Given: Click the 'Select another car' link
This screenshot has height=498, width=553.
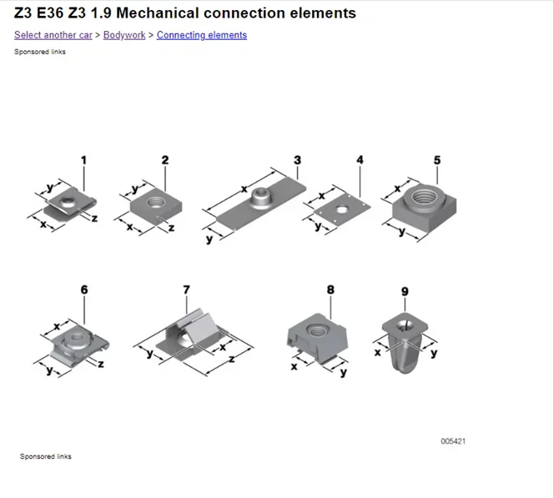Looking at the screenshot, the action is pyautogui.click(x=53, y=35).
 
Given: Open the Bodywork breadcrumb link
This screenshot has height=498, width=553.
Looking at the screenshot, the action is pyautogui.click(x=124, y=35).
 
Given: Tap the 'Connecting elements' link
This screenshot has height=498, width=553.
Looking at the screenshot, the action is pyautogui.click(x=202, y=35).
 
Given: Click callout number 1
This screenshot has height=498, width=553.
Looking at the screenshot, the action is pyautogui.click(x=83, y=160).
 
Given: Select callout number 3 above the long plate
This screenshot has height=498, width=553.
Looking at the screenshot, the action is pyautogui.click(x=297, y=160).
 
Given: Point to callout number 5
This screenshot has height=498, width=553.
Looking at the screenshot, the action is pyautogui.click(x=437, y=160).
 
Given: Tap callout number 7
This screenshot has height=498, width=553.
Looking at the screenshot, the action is pyautogui.click(x=186, y=289).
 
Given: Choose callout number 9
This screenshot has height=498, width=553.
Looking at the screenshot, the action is pyautogui.click(x=405, y=291).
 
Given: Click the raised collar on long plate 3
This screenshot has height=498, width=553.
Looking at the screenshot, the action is pyautogui.click(x=261, y=197).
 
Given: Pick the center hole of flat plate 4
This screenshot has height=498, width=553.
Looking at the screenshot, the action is pyautogui.click(x=341, y=210).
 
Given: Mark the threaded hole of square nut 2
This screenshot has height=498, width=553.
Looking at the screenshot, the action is pyautogui.click(x=155, y=202).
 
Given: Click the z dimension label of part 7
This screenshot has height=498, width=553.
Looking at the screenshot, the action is pyautogui.click(x=232, y=360).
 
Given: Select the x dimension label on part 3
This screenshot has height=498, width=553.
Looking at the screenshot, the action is pyautogui.click(x=244, y=189).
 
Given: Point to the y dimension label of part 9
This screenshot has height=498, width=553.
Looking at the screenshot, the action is pyautogui.click(x=434, y=353).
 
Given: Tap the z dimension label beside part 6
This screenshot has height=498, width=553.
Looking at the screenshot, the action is pyautogui.click(x=101, y=364).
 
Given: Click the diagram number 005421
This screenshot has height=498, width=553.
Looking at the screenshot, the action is pyautogui.click(x=453, y=441).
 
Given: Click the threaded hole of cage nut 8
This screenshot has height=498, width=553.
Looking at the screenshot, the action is pyautogui.click(x=316, y=330).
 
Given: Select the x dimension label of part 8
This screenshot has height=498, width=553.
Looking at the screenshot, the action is pyautogui.click(x=294, y=367).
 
